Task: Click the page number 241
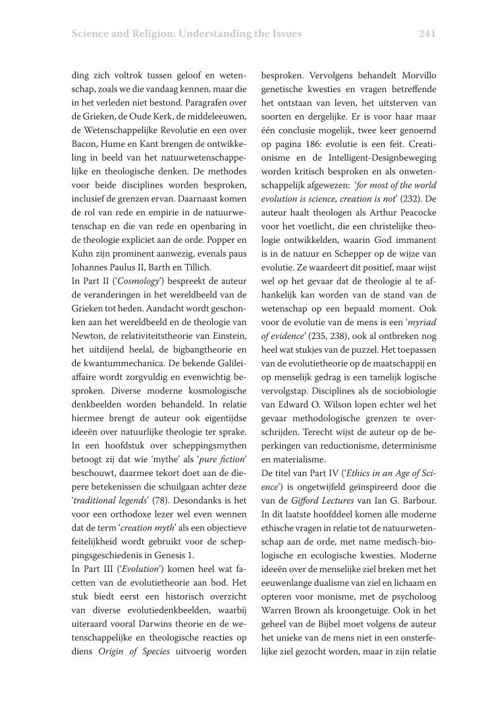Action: point(427,33)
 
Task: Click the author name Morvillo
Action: point(418,76)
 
